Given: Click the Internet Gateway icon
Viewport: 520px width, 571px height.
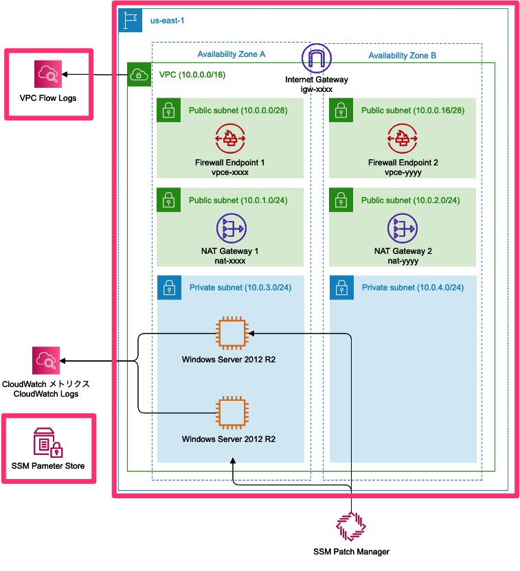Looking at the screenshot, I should point(316,58).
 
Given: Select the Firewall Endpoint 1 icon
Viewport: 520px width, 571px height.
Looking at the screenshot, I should point(230,138).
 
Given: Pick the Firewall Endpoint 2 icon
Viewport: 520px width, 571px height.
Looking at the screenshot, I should point(403,138).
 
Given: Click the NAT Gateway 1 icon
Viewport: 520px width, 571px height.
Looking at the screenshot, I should point(230,229).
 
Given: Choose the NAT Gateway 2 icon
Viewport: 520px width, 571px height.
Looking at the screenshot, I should point(403,229).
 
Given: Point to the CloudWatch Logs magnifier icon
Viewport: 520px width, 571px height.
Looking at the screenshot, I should point(46,360).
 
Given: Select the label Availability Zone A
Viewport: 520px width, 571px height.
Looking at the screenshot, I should point(231,55).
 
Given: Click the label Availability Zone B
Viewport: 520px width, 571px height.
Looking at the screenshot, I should point(402,55).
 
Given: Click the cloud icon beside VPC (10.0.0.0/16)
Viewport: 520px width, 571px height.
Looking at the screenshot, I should point(139,74).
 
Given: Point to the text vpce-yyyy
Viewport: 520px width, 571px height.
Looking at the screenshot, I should point(403,173).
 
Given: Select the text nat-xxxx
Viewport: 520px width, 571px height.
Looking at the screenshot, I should point(230,261).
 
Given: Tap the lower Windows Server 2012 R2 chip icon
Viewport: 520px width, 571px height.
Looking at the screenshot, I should point(231,412).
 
